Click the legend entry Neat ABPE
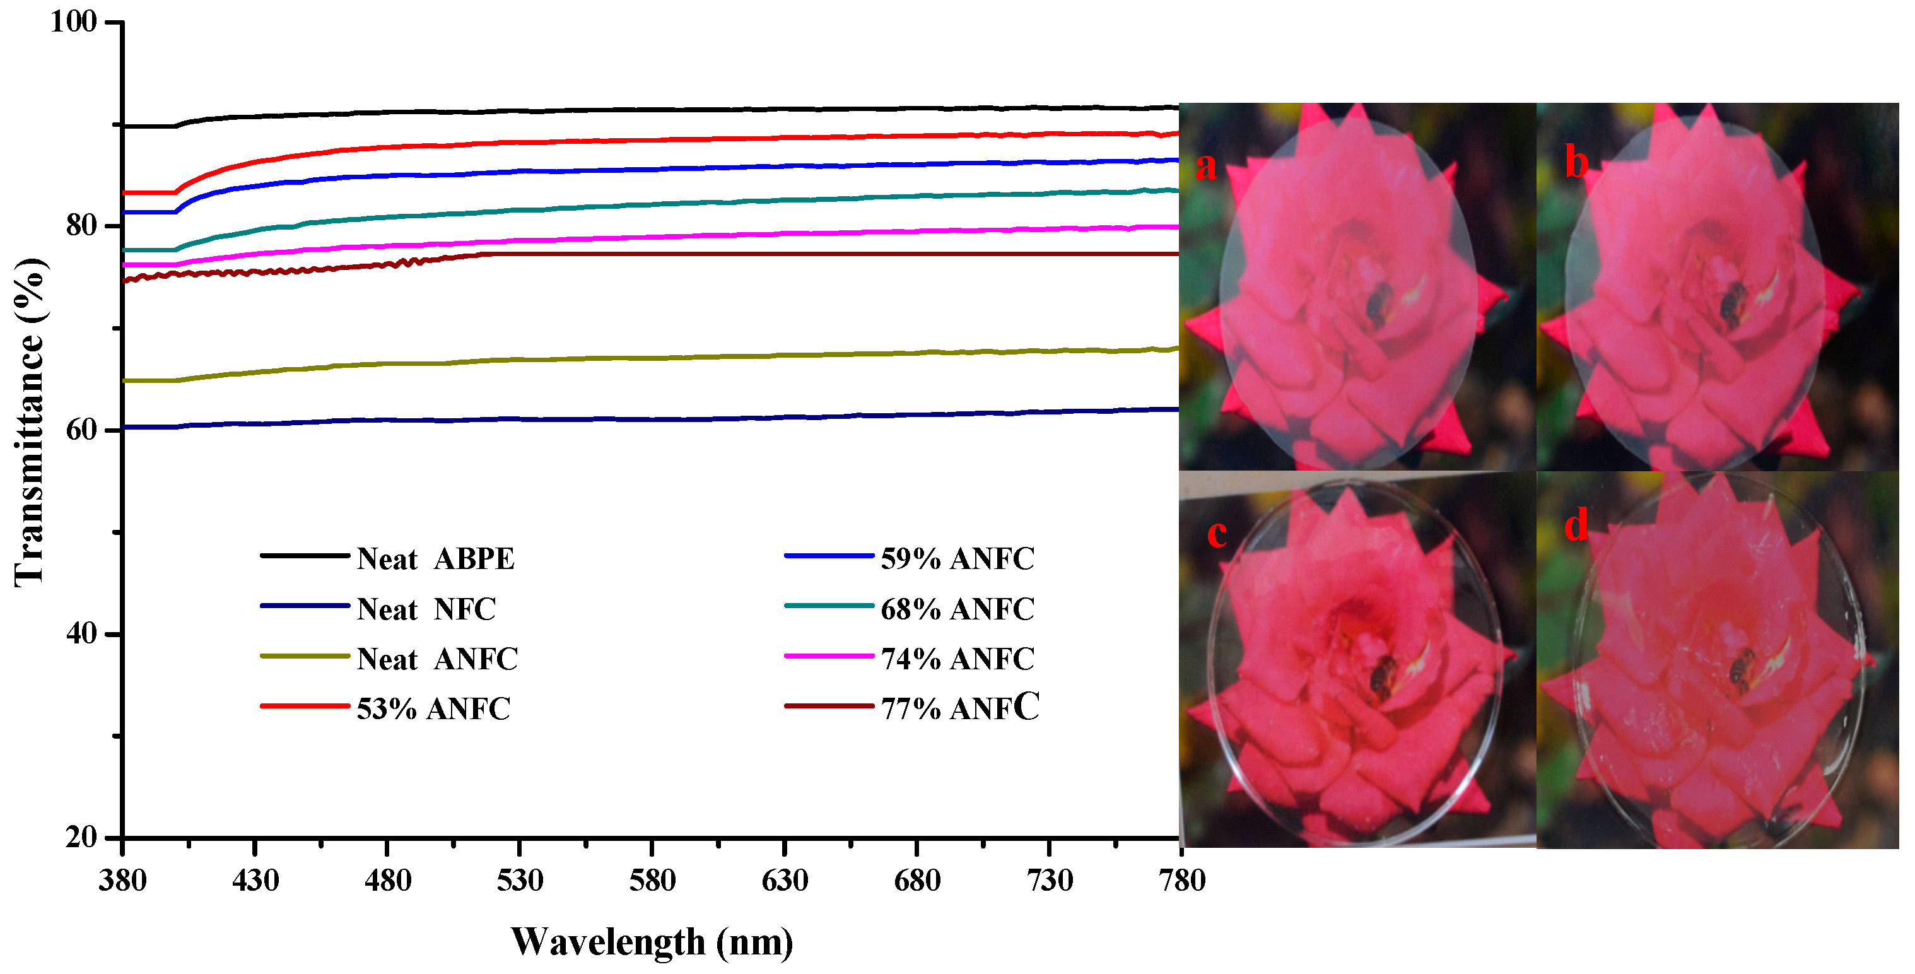[x=435, y=559]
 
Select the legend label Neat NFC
[x=426, y=609]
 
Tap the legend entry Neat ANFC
[x=436, y=659]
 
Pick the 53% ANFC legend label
[x=433, y=709]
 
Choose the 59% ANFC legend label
[x=957, y=559]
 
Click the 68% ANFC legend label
[x=957, y=609]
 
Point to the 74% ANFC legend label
[x=957, y=659]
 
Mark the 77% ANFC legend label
[x=959, y=708]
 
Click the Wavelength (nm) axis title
[x=652, y=942]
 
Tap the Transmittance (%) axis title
[x=30, y=422]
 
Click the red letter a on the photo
[x=1206, y=165]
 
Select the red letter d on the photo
[x=1575, y=525]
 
